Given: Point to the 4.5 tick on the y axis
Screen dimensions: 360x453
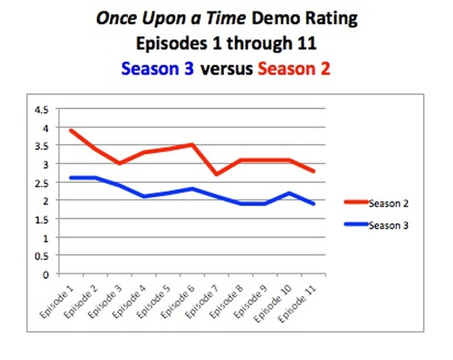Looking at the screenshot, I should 41,109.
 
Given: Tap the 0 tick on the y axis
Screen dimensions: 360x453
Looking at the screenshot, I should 46,274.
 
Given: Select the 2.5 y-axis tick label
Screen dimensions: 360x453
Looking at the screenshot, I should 41,182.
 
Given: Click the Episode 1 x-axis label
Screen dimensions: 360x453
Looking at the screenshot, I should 59,300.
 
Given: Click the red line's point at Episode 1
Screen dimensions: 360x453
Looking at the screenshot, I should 71,131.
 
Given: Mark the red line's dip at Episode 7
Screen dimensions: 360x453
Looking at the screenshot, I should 216,174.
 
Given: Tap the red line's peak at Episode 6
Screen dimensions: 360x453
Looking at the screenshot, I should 192,145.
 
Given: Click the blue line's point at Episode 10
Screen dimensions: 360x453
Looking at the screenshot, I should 289,193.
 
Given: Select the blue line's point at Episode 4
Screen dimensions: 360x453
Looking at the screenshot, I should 143,196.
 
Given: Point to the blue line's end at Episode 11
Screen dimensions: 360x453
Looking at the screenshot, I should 314,204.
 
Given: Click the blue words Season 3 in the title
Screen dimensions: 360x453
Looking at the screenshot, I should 158,69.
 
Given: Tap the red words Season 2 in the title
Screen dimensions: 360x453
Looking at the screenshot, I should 294,69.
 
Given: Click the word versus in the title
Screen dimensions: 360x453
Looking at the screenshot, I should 226,69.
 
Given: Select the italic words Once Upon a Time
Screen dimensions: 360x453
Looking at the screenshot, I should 170,19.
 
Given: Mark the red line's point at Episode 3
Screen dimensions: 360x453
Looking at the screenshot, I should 119,163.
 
